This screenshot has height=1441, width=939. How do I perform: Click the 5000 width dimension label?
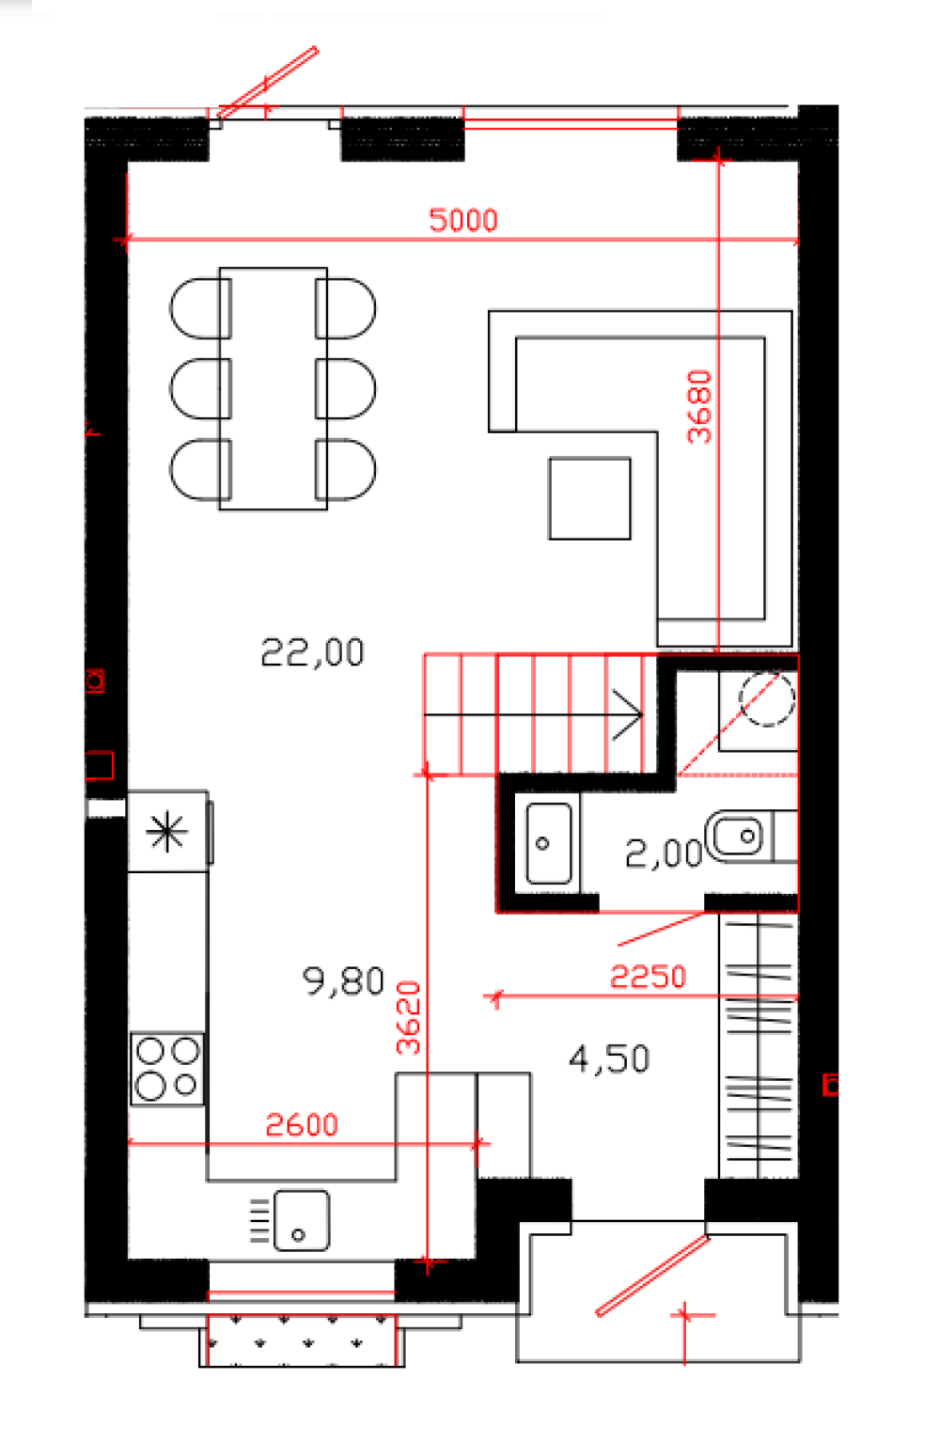(463, 220)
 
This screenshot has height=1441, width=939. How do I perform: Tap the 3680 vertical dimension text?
(699, 407)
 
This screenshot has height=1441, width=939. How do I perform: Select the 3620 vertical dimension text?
(408, 1018)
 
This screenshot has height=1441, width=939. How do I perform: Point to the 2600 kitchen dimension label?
(302, 1125)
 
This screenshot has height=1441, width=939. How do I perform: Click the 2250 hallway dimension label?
(648, 977)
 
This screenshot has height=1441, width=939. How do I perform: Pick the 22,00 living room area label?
(313, 652)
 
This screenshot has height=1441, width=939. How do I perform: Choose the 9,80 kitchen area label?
(343, 981)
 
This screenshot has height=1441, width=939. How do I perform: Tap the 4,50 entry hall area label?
(609, 1059)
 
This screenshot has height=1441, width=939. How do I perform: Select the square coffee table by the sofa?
(589, 498)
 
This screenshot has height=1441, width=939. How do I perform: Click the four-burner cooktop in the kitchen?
(167, 1069)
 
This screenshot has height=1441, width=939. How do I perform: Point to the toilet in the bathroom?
(751, 837)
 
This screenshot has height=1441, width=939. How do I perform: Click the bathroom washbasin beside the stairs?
(549, 843)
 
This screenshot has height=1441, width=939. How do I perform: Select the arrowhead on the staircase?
(627, 714)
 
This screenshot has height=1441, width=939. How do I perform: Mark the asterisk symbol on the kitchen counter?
(166, 832)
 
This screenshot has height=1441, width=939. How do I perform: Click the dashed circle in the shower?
(767, 698)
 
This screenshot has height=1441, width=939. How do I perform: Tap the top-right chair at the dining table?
(345, 308)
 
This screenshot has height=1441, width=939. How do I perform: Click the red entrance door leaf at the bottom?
(653, 1276)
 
